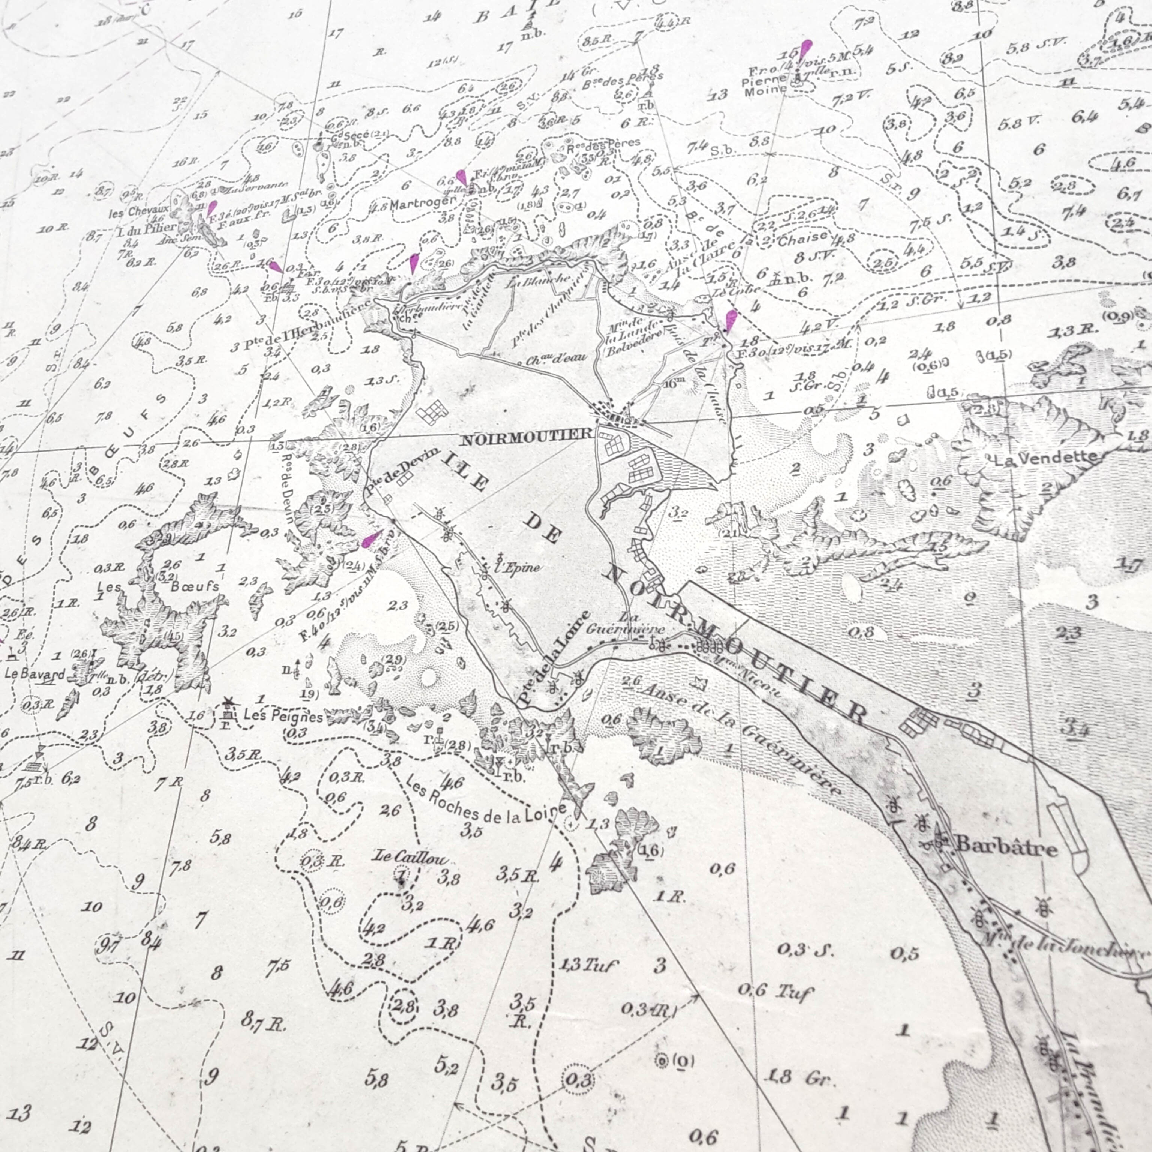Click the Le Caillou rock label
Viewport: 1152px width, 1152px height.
point(409,859)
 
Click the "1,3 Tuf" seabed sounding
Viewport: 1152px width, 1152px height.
point(588,965)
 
